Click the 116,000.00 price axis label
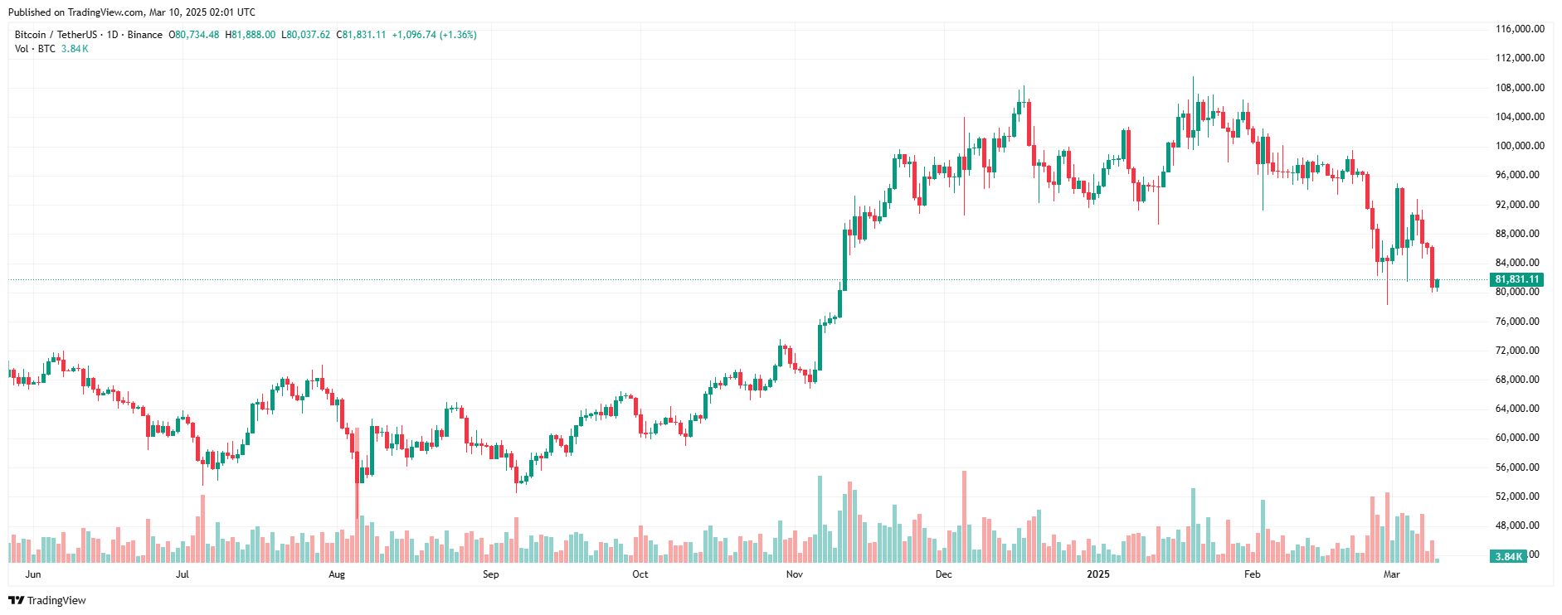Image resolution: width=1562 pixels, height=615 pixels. point(1519,29)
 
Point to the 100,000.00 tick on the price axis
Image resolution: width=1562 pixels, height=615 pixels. point(1519,146)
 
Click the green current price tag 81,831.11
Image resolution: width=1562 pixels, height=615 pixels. point(1516,280)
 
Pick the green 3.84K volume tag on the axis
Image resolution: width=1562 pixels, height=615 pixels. point(1508,557)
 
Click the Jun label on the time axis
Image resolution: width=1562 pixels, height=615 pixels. point(33,574)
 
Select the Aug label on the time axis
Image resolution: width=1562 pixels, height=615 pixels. point(337,574)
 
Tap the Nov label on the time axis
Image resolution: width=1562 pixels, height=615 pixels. point(795,574)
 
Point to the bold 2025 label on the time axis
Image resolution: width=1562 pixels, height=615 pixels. point(1097,574)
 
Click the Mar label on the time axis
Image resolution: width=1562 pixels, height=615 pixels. point(1391,574)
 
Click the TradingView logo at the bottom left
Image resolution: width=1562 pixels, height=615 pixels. point(47,600)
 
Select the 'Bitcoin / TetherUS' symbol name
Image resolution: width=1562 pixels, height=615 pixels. point(56,35)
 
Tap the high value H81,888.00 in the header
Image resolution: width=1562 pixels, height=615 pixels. point(251,35)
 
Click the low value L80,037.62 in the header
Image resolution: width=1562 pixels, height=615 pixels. point(306,35)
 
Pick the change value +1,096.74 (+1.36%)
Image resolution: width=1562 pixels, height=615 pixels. point(434,35)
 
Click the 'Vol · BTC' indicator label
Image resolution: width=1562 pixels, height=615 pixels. point(35,49)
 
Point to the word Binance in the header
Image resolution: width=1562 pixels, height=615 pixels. point(145,35)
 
